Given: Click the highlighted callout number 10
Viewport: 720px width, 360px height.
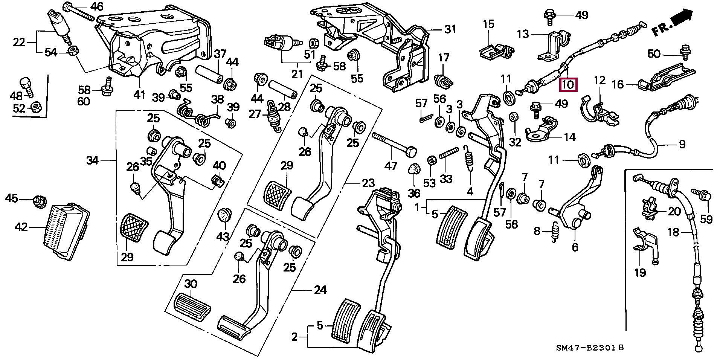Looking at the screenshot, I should click(568, 85).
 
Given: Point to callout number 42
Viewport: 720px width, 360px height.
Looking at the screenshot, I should click(21, 227).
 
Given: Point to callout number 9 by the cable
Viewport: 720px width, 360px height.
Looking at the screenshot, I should click(682, 144).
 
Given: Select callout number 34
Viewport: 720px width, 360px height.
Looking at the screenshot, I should click(93, 161).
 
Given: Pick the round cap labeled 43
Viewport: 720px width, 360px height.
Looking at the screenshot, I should click(224, 216).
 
